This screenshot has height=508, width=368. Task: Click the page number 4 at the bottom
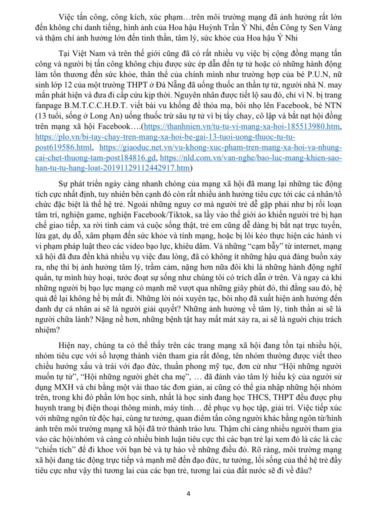pyautogui.click(x=188, y=494)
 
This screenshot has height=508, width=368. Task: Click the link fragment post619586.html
pyautogui.click(x=63, y=148)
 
